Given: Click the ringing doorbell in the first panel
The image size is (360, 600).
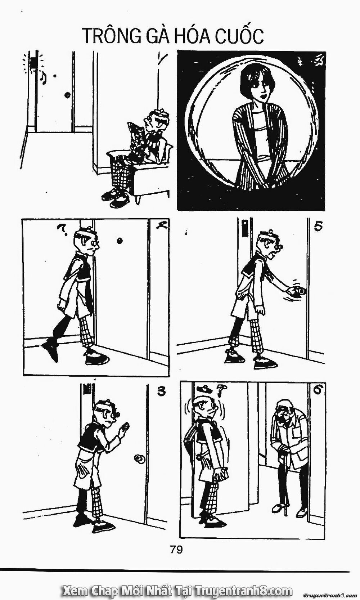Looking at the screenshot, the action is [33, 63].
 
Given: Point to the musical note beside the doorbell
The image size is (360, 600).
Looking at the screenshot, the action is [43, 77].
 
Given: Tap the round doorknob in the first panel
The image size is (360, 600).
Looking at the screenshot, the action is [67, 95].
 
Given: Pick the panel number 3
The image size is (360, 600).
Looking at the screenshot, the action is [161, 391].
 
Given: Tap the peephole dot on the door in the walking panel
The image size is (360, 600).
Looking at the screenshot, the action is [120, 241].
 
